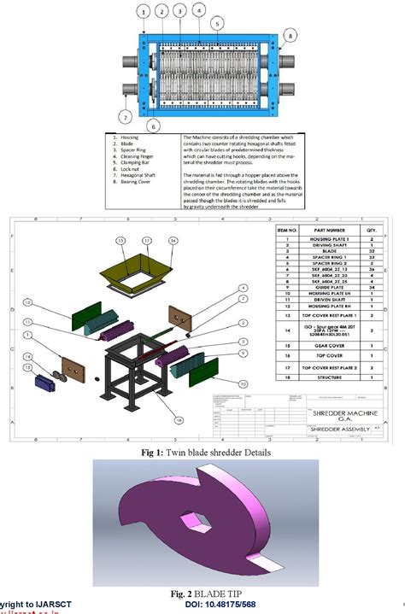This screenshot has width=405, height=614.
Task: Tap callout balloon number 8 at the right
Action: pyautogui.click(x=290, y=36)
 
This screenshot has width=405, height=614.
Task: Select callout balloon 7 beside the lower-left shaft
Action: pyautogui.click(x=126, y=116)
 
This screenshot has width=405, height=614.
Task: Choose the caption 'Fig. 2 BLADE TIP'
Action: pyautogui.click(x=201, y=593)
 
